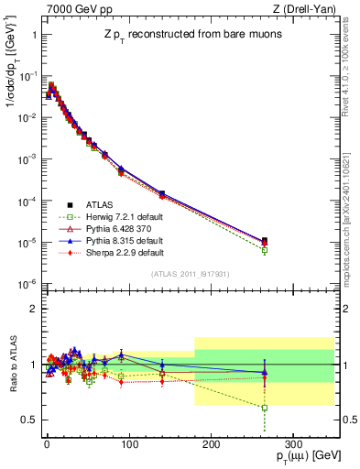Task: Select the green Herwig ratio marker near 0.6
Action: coord(264,408)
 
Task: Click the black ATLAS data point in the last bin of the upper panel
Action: coord(264,241)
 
